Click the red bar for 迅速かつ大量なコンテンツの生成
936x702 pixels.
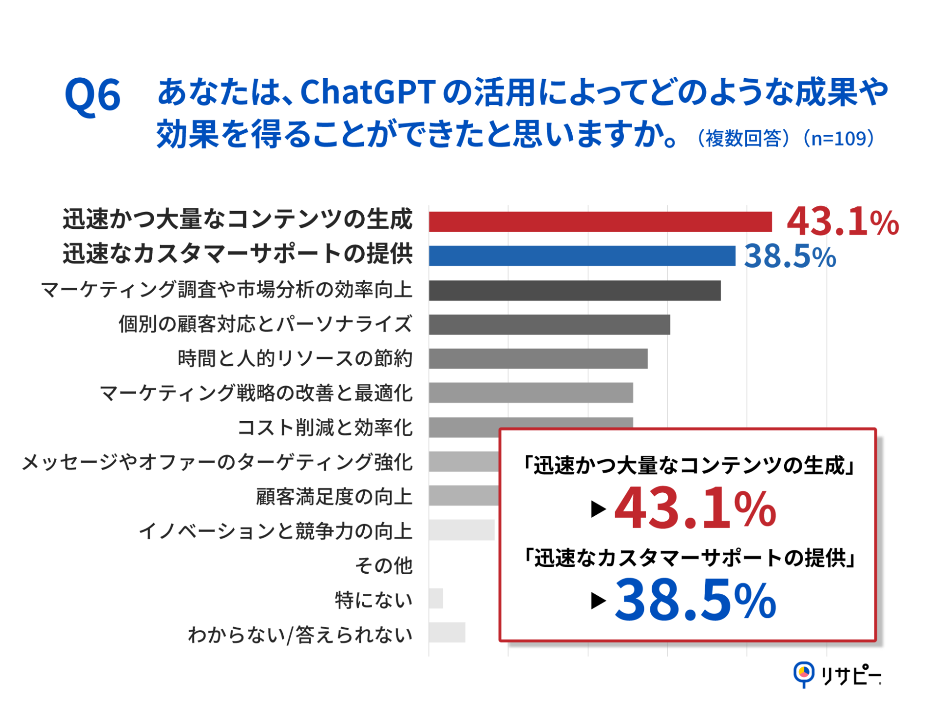tap(600, 222)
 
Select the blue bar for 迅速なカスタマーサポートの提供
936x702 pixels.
tap(582, 256)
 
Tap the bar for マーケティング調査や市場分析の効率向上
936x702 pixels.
tap(574, 291)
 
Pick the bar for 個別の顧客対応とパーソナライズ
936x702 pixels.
tap(549, 325)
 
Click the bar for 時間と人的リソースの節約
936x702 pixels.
tap(538, 359)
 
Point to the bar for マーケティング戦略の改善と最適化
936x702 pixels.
tap(531, 393)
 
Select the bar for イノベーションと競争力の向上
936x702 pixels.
tap(461, 530)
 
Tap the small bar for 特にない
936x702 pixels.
tap(435, 599)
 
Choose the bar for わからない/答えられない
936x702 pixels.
tap(447, 633)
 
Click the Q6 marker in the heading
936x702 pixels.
tap(93, 95)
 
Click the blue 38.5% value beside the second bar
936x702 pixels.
tap(789, 257)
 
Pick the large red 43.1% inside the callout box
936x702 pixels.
tap(695, 509)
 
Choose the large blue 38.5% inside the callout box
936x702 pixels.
tap(695, 600)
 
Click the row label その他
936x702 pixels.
tap(383, 565)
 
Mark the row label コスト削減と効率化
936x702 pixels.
tap(325, 428)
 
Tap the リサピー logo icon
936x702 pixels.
tap(803, 674)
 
